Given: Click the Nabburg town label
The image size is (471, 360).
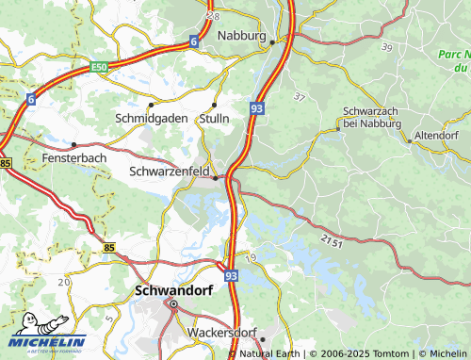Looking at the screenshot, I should pos(242,36).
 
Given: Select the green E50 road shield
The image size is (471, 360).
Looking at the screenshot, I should pos(99,68).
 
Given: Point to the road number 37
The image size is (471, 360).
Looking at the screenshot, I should pos(300,97).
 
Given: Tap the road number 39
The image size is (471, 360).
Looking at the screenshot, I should pos(386,47).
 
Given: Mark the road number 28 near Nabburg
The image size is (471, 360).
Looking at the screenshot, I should pos(215,17).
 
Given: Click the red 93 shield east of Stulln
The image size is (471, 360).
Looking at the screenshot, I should pos(257,110).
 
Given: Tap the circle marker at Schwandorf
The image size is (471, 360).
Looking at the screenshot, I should pos(172,304).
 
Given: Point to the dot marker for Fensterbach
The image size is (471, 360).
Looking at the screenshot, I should pos(73,145).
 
